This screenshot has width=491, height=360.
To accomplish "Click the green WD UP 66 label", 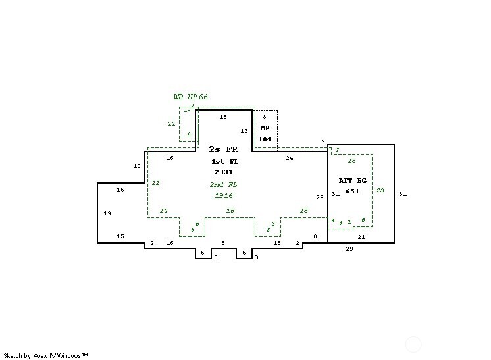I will [x=190, y=97].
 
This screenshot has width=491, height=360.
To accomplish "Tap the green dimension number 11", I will [x=171, y=123].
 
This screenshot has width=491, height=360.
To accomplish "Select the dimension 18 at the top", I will [x=223, y=117].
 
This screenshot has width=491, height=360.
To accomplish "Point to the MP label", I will [x=265, y=128].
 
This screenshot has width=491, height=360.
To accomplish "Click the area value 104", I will [x=265, y=139].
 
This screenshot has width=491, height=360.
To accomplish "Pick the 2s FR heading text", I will [x=222, y=149].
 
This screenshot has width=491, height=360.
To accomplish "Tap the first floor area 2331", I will [x=222, y=172].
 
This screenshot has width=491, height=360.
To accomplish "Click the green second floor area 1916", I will [x=222, y=195].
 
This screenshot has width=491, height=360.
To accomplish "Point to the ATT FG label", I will [x=352, y=180].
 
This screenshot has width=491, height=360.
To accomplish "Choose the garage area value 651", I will [x=352, y=191].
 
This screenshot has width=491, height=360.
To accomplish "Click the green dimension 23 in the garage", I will [x=380, y=190].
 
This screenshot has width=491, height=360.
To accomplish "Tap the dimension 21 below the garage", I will [x=361, y=236].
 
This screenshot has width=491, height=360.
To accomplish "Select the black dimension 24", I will [x=289, y=158].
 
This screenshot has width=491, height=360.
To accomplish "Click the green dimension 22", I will [x=155, y=183].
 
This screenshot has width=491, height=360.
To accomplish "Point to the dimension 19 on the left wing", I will [x=107, y=213].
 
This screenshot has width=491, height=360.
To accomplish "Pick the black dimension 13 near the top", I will [x=244, y=131].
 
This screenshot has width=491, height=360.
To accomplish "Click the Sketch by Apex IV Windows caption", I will [x=45, y=355].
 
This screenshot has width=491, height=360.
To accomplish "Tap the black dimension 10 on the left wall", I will [x=137, y=166].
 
